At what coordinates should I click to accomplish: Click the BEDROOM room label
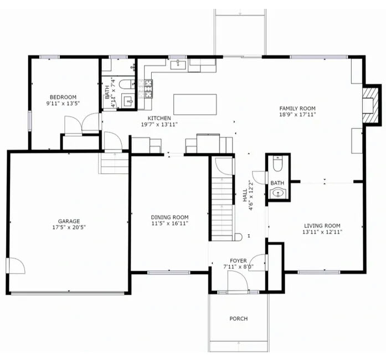tap(63, 97)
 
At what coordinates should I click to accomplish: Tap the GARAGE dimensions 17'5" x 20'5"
tap(69, 227)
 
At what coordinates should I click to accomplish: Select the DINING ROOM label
tap(169, 217)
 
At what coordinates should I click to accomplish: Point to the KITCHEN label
tap(159, 118)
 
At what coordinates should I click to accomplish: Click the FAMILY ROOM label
tap(297, 109)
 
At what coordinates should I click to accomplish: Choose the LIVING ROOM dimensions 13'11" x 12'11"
tap(322, 232)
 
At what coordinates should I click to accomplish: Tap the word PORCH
tap(239, 318)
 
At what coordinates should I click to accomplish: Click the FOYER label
tap(238, 260)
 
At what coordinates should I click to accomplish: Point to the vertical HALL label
tap(245, 196)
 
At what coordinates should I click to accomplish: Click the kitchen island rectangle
tap(195, 105)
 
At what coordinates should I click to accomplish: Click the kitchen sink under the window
tap(178, 64)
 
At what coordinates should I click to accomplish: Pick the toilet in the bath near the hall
tap(277, 164)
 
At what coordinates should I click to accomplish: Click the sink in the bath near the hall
tap(278, 193)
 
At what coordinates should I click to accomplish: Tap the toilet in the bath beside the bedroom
tap(127, 84)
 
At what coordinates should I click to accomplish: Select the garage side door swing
tap(16, 265)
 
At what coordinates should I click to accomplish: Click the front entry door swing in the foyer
tap(238, 281)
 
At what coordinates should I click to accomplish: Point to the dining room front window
tap(168, 272)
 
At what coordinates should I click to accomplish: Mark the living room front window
tap(319, 272)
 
